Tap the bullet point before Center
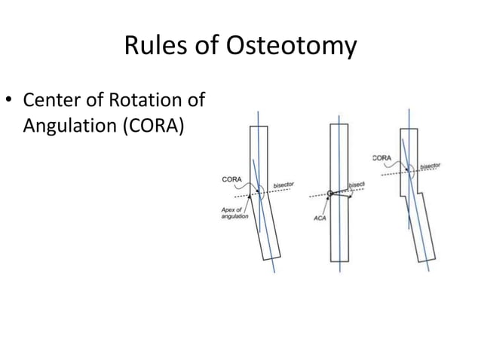[x=11, y=100]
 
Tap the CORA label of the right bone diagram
[x=382, y=157]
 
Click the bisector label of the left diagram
[x=284, y=185]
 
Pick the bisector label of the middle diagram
[x=356, y=184]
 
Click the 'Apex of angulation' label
[x=231, y=212]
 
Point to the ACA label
[x=318, y=218]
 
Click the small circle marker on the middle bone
[x=329, y=194]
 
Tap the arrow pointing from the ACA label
[x=324, y=206]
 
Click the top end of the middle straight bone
[x=339, y=124]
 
